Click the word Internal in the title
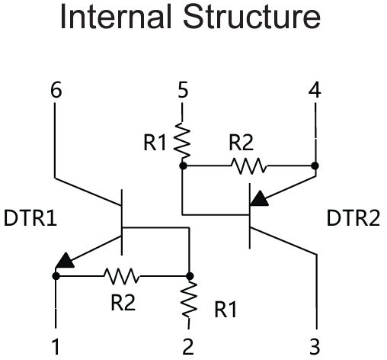tap(107, 21)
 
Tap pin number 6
tap(56, 90)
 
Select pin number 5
tap(183, 90)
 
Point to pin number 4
tap(314, 90)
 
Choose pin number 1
tap(56, 347)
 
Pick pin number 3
tap(315, 347)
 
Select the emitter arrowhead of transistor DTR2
tap(260, 199)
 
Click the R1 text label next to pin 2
tap(224, 310)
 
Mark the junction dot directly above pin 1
tap(56, 276)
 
